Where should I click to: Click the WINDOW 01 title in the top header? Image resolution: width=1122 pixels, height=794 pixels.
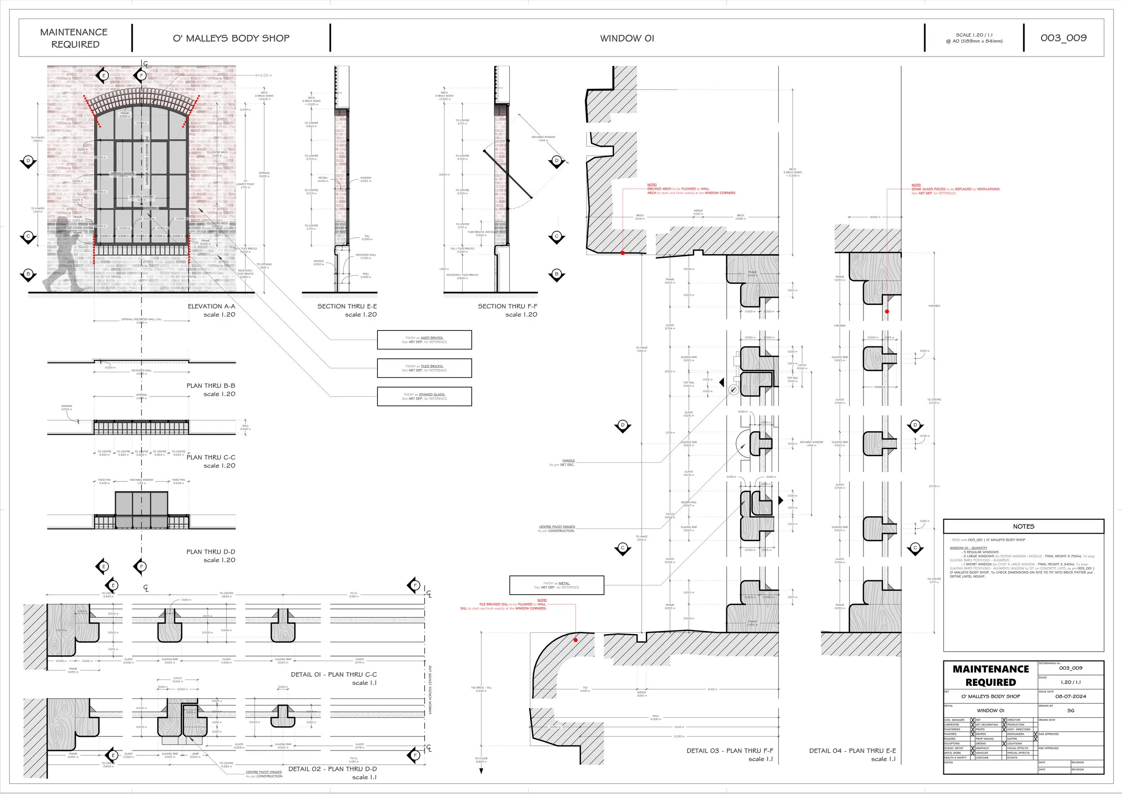coord(627,38)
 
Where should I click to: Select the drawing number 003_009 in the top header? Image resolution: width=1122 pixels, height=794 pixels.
coord(1063,38)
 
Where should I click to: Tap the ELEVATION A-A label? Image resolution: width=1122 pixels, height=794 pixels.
coord(211,306)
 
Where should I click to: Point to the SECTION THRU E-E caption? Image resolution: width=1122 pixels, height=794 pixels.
coord(347,306)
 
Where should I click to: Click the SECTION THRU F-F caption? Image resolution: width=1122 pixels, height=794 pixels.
coord(507,306)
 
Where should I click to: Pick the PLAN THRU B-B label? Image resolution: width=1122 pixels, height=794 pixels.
coord(210,386)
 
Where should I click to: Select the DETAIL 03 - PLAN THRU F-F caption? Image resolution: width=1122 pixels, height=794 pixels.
coord(730,750)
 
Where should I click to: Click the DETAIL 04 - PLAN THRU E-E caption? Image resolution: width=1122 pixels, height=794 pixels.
coord(852,750)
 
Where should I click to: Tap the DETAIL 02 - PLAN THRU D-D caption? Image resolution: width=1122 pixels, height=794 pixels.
coord(332,768)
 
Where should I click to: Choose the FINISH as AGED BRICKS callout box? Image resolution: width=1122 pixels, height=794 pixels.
coord(424,340)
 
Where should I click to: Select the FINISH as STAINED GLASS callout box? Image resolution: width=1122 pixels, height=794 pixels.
coord(424,397)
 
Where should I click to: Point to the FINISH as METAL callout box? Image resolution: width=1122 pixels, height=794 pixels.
coord(557,585)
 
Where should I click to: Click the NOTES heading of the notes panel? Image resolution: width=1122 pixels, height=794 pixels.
coord(1023,526)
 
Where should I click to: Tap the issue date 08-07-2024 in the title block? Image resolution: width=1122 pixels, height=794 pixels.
coord(1070,696)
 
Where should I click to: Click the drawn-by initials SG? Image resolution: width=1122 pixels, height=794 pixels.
coord(1070,710)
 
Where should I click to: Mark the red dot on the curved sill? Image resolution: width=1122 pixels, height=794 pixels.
coord(576,640)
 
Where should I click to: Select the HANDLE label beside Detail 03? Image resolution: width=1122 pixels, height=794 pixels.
coord(568,461)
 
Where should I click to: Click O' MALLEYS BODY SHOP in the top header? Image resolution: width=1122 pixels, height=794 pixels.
coord(231,38)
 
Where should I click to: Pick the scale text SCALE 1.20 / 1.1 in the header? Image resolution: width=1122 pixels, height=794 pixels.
coord(974,35)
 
